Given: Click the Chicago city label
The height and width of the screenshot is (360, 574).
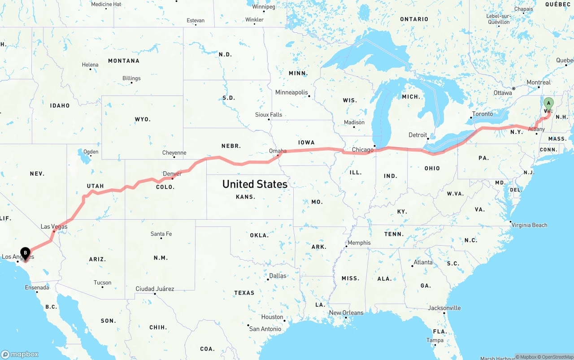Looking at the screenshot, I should pyautogui.click(x=362, y=150).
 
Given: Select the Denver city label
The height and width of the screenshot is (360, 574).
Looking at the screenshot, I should pyautogui.click(x=172, y=173).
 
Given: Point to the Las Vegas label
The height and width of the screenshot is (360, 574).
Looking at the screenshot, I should pyautogui.click(x=54, y=226).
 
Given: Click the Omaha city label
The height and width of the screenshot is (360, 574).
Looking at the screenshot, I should pyautogui.click(x=278, y=151).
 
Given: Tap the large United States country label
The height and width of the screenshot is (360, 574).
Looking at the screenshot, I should pyautogui.click(x=255, y=184).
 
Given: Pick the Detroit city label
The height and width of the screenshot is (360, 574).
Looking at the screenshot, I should pyautogui.click(x=417, y=135).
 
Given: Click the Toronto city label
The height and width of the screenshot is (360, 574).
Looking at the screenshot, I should pyautogui.click(x=483, y=114).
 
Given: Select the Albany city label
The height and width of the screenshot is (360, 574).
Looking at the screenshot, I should pyautogui.click(x=536, y=129).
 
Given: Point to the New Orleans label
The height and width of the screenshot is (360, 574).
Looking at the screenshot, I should pyautogui.click(x=346, y=312).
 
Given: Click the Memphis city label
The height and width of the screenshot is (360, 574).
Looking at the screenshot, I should pyautogui.click(x=359, y=243).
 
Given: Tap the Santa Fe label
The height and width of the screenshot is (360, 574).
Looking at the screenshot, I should pyautogui.click(x=161, y=234).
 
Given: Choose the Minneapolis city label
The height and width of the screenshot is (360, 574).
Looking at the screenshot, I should pyautogui.click(x=291, y=92).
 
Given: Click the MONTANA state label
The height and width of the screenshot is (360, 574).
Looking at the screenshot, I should pyautogui.click(x=124, y=61).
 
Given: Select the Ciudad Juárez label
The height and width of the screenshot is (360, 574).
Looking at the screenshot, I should pyautogui.click(x=155, y=289).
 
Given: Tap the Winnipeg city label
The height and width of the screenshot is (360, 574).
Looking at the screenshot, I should pyautogui.click(x=263, y=7).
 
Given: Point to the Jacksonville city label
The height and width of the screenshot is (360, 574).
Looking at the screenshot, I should pyautogui.click(x=444, y=308).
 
